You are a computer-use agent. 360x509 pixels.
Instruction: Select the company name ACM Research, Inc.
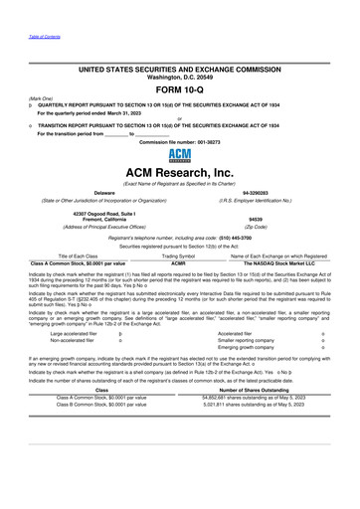180,175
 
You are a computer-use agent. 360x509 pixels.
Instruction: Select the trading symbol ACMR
180,262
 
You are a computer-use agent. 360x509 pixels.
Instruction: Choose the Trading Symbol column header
180,255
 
